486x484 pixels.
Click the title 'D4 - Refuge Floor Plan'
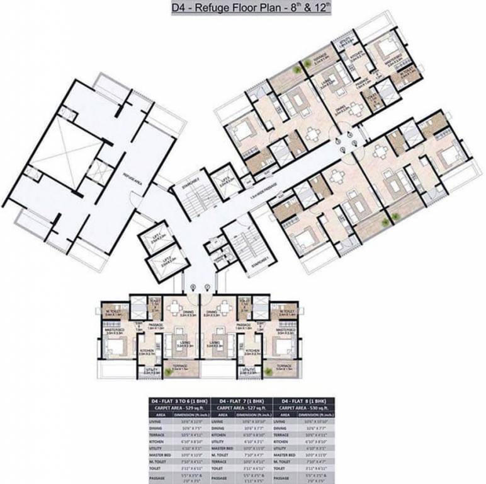click(243, 8)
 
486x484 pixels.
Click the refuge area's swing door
click(133, 200)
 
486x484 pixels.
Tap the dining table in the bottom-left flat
click(174, 308)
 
